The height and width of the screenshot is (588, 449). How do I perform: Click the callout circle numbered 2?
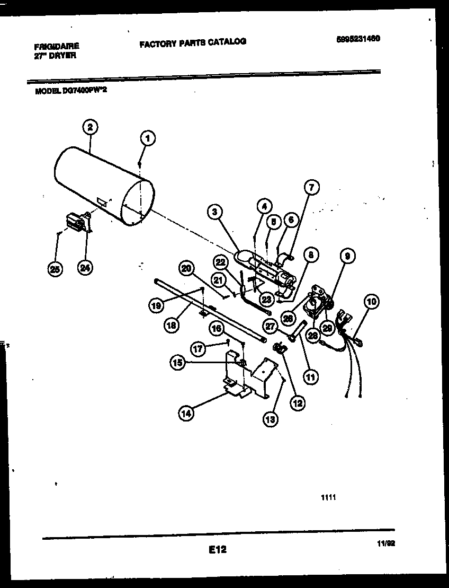click(91, 127)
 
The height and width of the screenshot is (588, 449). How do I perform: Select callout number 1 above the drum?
click(148, 138)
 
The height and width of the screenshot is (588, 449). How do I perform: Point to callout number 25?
click(55, 269)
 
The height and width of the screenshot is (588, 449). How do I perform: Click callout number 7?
click(312, 187)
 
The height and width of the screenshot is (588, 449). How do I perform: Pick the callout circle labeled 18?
click(170, 326)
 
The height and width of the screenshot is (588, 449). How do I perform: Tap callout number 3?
click(214, 213)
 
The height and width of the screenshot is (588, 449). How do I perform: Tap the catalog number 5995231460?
click(358, 39)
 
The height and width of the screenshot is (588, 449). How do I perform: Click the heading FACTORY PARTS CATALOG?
click(193, 42)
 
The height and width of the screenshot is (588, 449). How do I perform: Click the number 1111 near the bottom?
click(328, 497)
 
